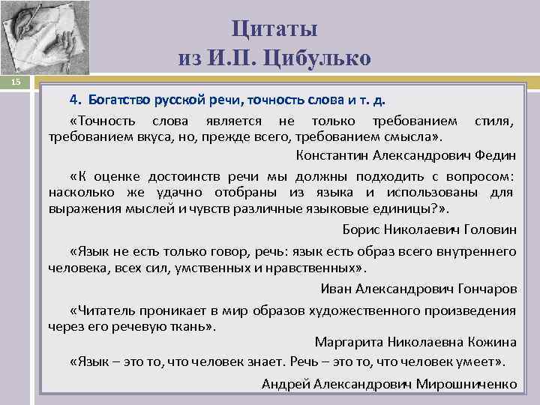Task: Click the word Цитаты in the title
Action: pos(274,29)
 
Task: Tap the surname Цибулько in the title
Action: pos(323,58)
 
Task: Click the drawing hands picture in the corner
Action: pos(44,37)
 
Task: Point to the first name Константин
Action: pos(332,156)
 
